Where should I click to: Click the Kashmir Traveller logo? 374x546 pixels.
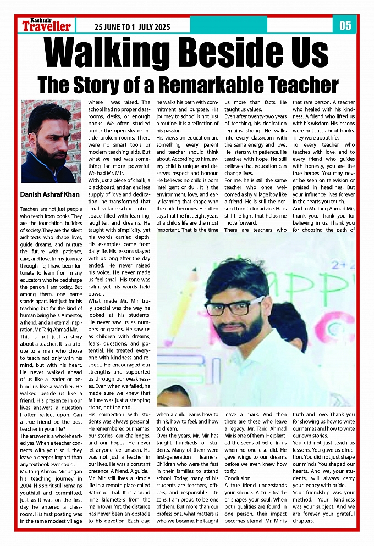(x=46, y=25)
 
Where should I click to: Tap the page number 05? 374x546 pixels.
(x=345, y=25)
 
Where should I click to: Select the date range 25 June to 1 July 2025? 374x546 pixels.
(x=132, y=27)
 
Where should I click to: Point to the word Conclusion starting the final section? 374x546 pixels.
(x=238, y=478)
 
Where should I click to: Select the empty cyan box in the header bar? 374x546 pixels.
(x=300, y=25)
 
